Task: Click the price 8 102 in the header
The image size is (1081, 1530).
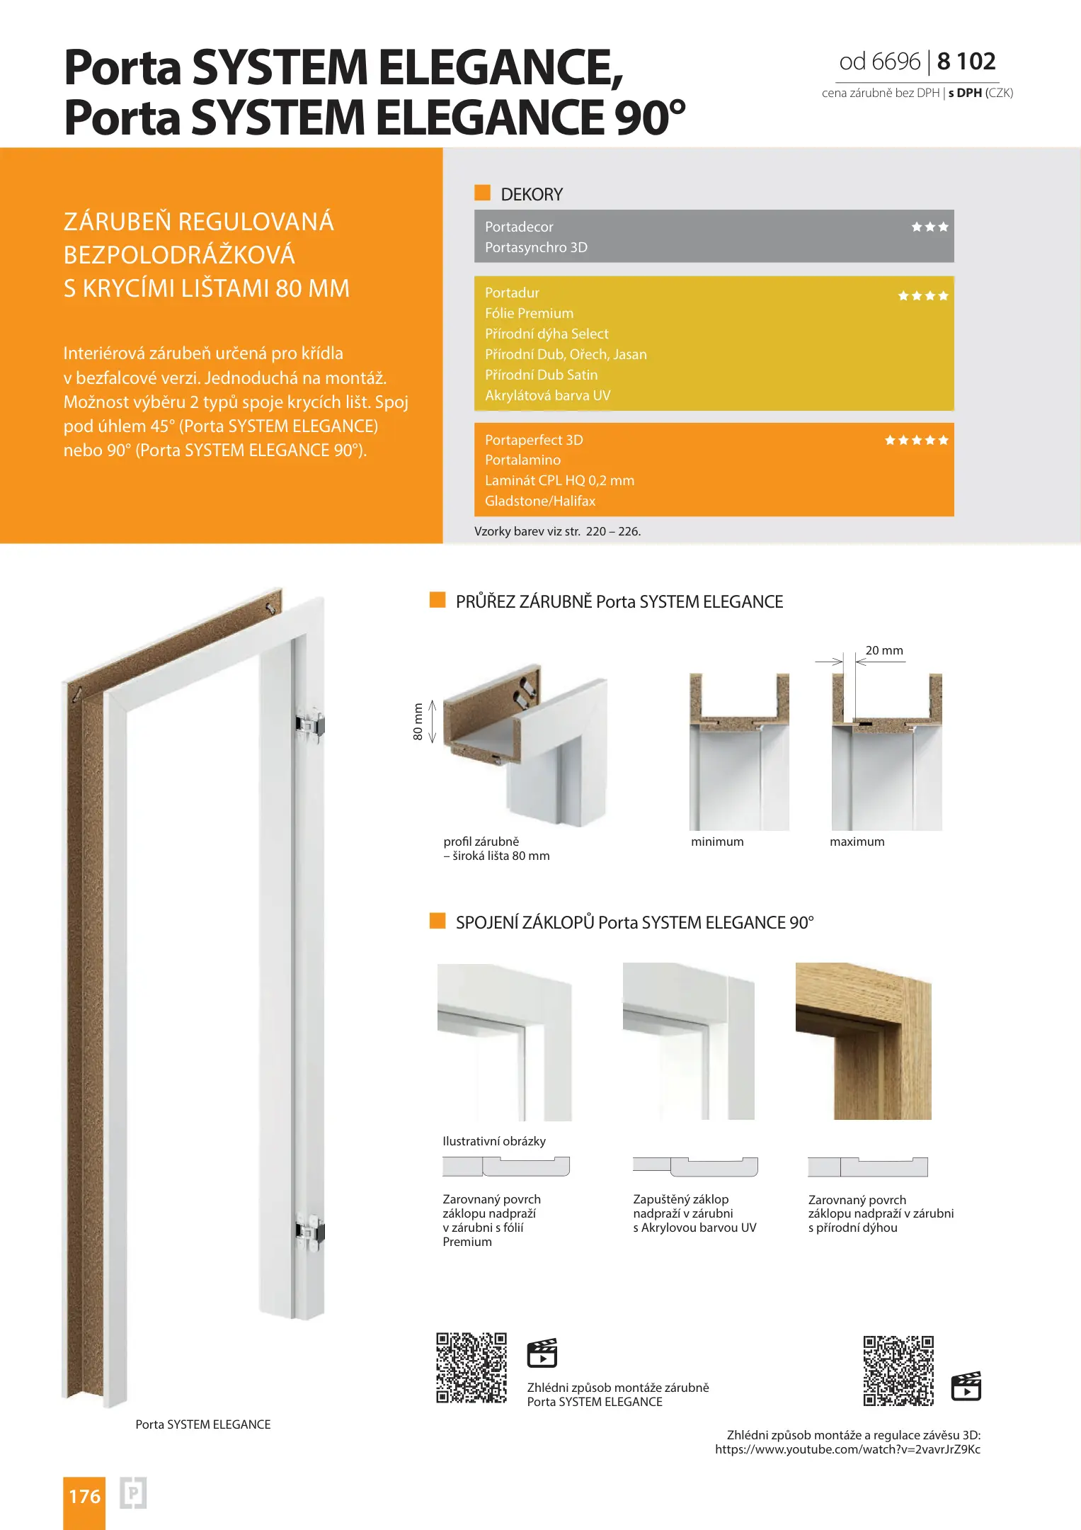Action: (x=966, y=62)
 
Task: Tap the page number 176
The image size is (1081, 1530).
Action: (x=84, y=1496)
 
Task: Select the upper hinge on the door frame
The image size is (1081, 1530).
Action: (x=310, y=724)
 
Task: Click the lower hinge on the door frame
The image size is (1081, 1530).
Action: (x=309, y=1230)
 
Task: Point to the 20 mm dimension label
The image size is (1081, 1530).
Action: (x=884, y=650)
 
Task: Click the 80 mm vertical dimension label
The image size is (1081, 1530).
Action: (x=418, y=721)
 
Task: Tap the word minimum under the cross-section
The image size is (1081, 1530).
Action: (x=717, y=841)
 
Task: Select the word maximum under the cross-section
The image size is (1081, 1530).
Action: (x=857, y=841)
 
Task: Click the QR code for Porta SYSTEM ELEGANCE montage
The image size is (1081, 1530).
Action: (x=471, y=1368)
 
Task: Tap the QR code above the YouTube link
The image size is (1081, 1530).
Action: (x=898, y=1371)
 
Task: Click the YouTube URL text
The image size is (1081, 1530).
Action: (x=847, y=1449)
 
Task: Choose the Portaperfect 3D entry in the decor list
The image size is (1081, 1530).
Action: (x=534, y=440)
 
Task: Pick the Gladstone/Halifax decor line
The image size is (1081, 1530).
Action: (x=540, y=501)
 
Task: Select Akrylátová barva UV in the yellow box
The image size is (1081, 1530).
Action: (x=547, y=395)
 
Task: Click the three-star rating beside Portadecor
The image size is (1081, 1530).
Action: (x=930, y=227)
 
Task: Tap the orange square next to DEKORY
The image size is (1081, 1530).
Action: (x=482, y=193)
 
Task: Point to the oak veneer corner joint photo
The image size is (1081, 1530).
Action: (x=863, y=1041)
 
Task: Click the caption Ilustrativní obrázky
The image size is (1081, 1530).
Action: (x=494, y=1141)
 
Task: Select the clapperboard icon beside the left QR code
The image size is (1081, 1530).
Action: (x=542, y=1353)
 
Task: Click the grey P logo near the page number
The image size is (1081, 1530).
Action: (x=133, y=1493)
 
